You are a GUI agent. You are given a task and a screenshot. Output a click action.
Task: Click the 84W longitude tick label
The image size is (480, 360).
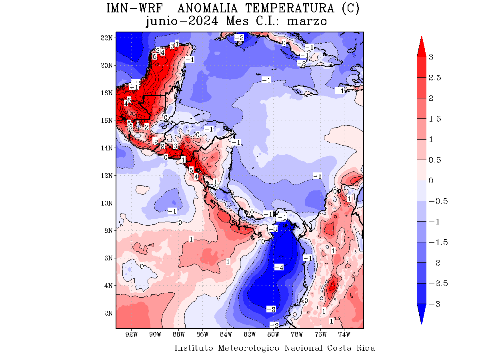tap(226, 334)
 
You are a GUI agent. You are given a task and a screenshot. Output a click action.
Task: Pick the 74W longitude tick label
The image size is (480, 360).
tap(344, 334)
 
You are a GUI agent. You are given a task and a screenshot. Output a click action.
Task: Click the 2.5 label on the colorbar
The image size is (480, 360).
tap(435, 78)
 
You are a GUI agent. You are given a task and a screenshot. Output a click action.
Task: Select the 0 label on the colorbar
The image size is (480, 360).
tap(431, 181)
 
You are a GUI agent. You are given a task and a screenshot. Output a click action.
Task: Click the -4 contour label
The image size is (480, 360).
tap(279, 267)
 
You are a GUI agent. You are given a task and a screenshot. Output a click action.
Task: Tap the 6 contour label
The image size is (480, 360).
tap(129, 100)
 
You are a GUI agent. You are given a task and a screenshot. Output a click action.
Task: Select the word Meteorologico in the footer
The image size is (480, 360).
tap(249, 348)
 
